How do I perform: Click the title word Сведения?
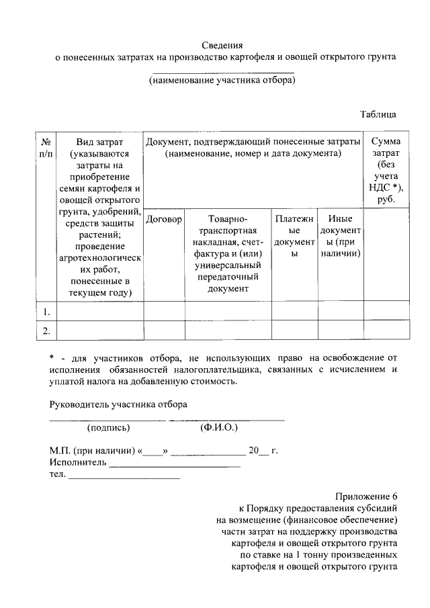tap(222, 45)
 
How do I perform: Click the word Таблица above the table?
tap(378, 114)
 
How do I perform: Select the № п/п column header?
tap(46, 148)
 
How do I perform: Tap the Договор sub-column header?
tap(164, 220)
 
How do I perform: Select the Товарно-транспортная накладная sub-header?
tap(228, 254)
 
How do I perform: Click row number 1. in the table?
tap(46, 312)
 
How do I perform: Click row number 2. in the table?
tap(46, 331)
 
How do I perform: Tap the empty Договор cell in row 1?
tap(164, 312)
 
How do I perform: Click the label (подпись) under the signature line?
tap(108, 427)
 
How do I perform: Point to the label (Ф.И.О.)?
tap(218, 427)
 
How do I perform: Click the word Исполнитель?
tap(78, 463)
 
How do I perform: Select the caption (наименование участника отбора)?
tap(222, 80)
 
